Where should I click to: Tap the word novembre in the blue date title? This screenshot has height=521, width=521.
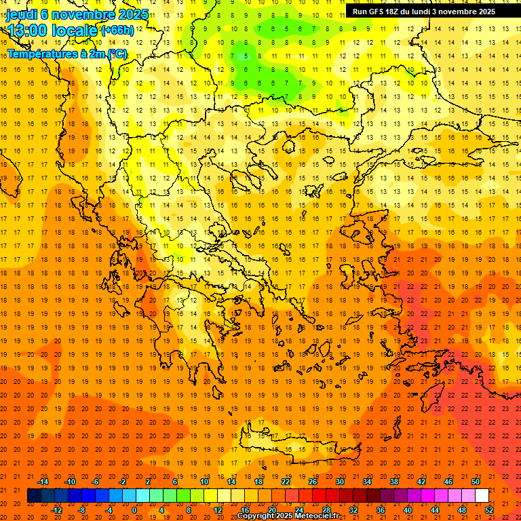coord(84,14)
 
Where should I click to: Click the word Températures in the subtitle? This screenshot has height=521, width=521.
coord(39,54)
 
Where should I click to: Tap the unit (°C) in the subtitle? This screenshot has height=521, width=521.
coord(116,54)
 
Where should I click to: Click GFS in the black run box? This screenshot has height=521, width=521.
coord(378,11)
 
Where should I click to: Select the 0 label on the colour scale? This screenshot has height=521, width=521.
coord(134,510)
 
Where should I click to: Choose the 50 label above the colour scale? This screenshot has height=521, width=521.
coord(475,482)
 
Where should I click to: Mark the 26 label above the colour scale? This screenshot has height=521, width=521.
coord(313,482)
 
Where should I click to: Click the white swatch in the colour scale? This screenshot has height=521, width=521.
coord(482,496)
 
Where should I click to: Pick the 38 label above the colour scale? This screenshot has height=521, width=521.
coord(393,482)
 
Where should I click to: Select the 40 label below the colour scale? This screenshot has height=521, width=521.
coord(408,510)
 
